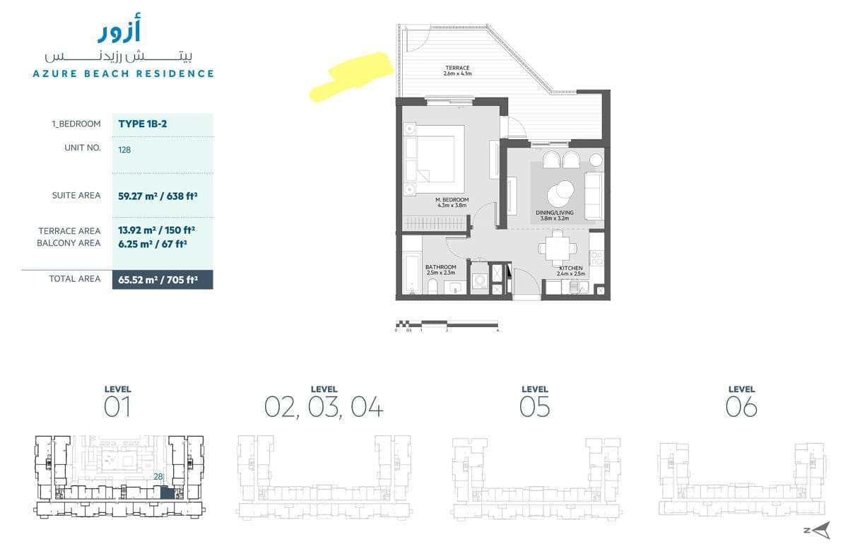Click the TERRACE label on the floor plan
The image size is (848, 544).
(x=457, y=68)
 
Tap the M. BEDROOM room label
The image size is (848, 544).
(x=452, y=199)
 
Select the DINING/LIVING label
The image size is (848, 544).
(x=554, y=213)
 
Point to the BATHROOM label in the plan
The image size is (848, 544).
(x=441, y=267)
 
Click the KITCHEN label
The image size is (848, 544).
(x=570, y=268)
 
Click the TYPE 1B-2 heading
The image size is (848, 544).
(x=142, y=124)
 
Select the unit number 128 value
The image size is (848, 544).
(x=124, y=150)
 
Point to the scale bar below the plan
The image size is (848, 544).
(x=447, y=324)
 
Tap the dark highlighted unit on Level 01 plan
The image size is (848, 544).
(x=167, y=493)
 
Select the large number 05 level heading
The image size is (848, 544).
(x=534, y=407)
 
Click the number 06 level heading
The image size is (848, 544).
(x=741, y=407)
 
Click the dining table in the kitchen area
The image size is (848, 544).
(x=558, y=249)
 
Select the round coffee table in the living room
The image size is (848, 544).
(x=560, y=194)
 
